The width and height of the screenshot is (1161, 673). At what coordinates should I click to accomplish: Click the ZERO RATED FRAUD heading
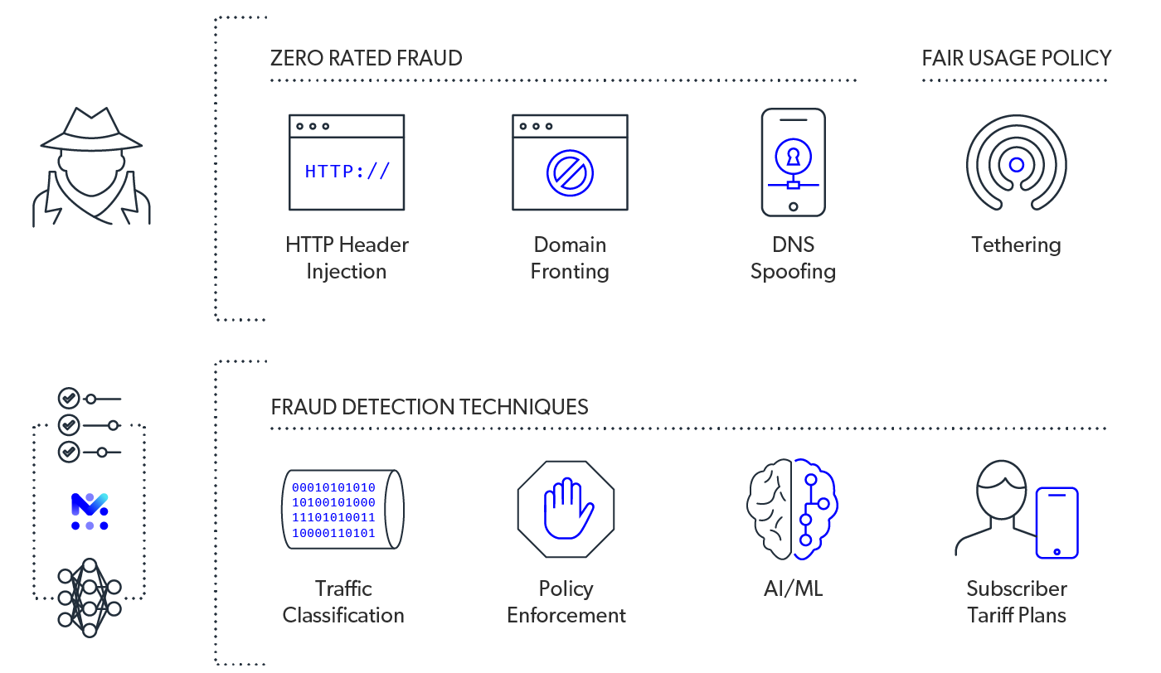[366, 58]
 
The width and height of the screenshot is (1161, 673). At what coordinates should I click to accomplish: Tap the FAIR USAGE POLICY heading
[1016, 58]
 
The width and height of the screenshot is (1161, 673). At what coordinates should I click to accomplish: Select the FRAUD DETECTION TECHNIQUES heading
[430, 407]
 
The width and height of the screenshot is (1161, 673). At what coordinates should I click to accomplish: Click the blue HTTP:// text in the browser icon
[347, 172]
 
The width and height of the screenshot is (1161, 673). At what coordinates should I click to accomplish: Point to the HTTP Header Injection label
[347, 258]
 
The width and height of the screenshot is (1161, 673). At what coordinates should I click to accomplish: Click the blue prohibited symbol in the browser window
[570, 172]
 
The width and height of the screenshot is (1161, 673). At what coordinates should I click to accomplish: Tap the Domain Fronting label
[570, 258]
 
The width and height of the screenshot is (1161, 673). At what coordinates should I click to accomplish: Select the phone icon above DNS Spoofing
[793, 162]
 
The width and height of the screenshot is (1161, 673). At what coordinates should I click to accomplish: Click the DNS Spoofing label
[793, 258]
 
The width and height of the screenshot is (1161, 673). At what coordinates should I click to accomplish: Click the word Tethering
[1016, 245]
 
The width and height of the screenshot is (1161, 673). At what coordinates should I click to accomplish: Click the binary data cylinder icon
[342, 509]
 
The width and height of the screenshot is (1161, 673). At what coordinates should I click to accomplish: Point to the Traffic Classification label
[343, 602]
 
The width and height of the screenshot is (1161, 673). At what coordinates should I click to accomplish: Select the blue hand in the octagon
[566, 507]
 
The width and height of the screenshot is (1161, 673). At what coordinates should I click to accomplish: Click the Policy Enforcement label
[566, 602]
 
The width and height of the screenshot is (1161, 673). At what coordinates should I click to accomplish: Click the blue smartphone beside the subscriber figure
[1057, 523]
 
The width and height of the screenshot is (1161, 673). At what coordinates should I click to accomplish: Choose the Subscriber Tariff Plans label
[1016, 602]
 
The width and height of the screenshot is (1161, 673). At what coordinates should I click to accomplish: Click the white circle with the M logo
[90, 511]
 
